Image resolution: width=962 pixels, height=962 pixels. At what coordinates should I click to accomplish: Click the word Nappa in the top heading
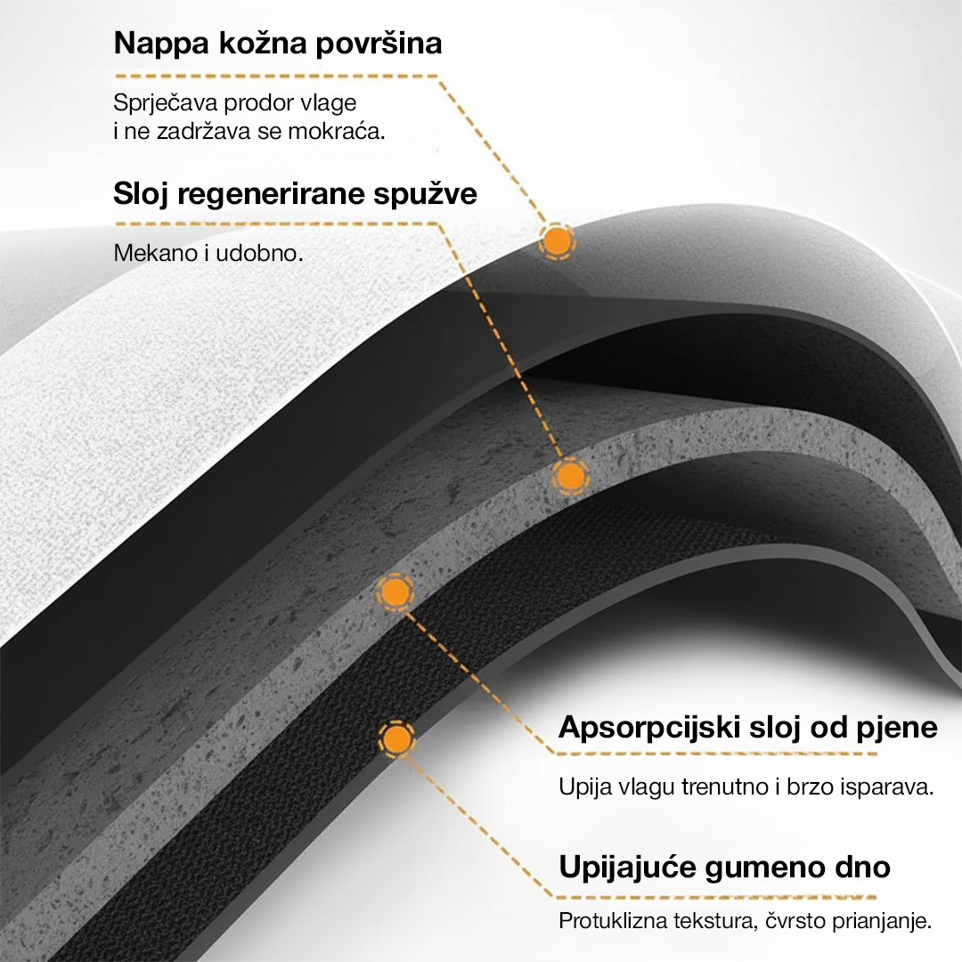pos(161,45)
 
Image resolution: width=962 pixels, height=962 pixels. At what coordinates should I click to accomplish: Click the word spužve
pos(425,195)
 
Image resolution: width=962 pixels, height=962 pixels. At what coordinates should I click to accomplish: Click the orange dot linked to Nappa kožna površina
pos(557,241)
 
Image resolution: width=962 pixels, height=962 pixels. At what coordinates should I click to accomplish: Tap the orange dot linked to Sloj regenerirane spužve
pos(571,476)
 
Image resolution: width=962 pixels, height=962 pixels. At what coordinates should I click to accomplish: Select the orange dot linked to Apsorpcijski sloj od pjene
pos(395,591)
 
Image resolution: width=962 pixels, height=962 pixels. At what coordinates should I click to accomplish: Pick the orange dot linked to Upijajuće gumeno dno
pos(396,738)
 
